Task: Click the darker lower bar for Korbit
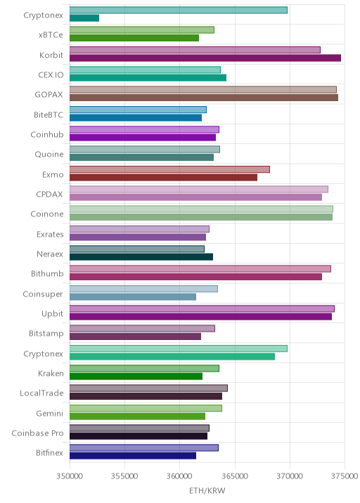[205, 58]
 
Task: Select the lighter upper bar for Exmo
[169, 169]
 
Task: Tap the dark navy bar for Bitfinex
[133, 456]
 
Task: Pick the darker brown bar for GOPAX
[204, 98]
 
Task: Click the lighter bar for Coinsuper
[143, 289]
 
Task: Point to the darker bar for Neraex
[141, 257]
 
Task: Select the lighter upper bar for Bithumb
[200, 269]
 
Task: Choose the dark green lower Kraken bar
[136, 377]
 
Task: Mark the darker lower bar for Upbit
[200, 317]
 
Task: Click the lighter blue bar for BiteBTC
[138, 110]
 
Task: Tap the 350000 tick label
[70, 476]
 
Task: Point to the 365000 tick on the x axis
[235, 476]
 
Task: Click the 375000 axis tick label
[345, 476]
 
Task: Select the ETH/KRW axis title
[207, 491]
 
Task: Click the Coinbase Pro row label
[37, 433]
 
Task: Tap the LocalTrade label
[41, 393]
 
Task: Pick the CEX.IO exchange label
[51, 74]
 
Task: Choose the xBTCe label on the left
[51, 35]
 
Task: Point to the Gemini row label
[50, 413]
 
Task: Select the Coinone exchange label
[47, 214]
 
